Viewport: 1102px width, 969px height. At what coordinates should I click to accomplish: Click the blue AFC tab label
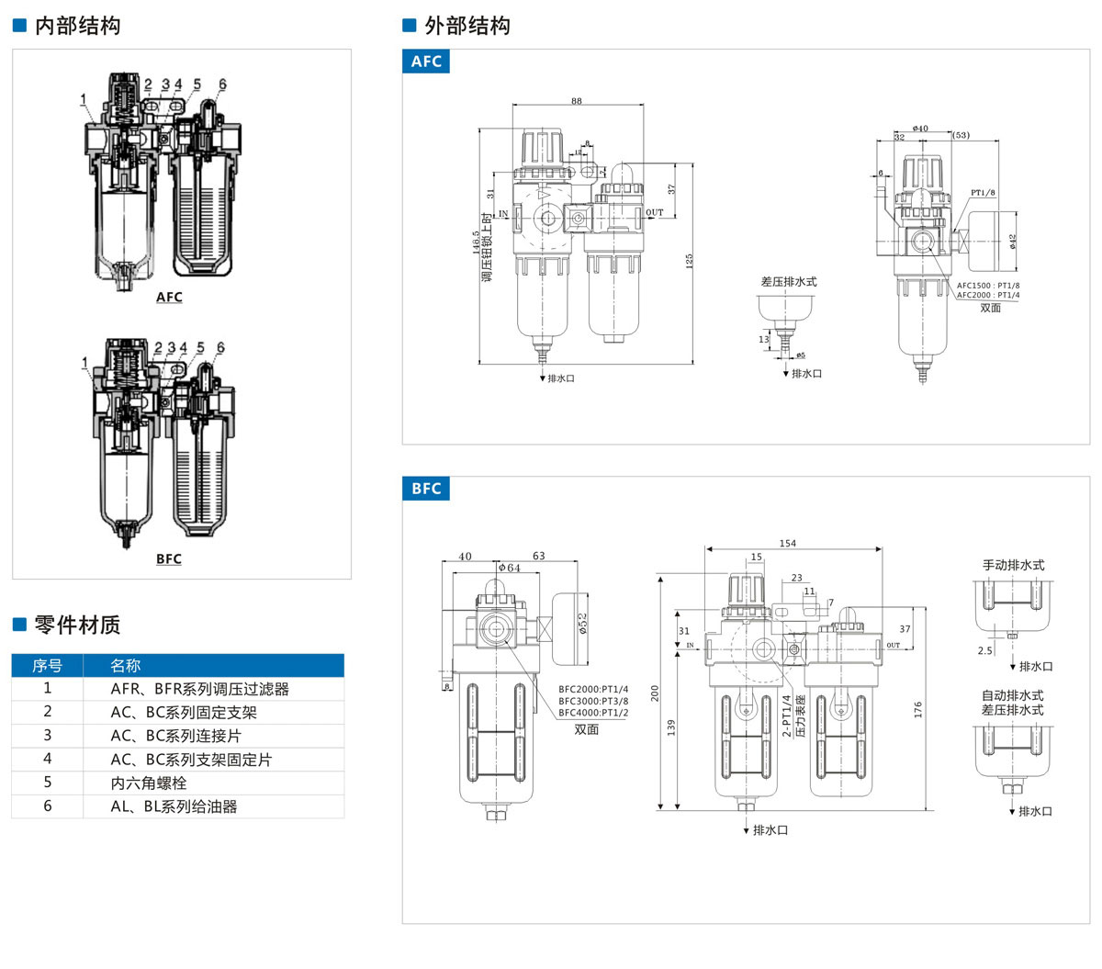(x=426, y=62)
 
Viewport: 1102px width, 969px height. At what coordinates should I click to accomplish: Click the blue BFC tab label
(x=426, y=489)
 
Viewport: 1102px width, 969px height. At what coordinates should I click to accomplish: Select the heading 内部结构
(x=77, y=26)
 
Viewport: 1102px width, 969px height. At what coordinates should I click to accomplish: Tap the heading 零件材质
(x=77, y=625)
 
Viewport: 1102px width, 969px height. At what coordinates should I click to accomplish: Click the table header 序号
(x=48, y=666)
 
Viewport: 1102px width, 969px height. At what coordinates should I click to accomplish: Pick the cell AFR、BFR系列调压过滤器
(x=199, y=689)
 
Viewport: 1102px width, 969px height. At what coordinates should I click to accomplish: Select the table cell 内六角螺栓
(x=149, y=783)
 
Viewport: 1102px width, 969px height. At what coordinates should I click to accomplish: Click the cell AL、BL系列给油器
(x=174, y=806)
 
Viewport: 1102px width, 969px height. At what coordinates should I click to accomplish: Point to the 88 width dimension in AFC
(x=576, y=101)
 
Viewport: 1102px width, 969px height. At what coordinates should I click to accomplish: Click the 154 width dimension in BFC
(x=788, y=544)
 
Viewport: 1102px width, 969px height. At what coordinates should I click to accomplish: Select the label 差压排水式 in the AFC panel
(x=788, y=282)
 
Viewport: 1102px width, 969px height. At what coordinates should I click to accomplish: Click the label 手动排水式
(x=1013, y=565)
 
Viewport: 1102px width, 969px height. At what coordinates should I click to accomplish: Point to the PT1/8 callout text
(x=983, y=193)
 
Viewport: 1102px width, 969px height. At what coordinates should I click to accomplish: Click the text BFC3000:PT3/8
(x=593, y=701)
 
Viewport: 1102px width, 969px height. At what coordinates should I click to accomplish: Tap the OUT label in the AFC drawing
(x=654, y=213)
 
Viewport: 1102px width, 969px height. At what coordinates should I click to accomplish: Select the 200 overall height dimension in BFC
(x=656, y=693)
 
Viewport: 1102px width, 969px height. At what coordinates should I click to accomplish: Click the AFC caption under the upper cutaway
(x=169, y=297)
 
